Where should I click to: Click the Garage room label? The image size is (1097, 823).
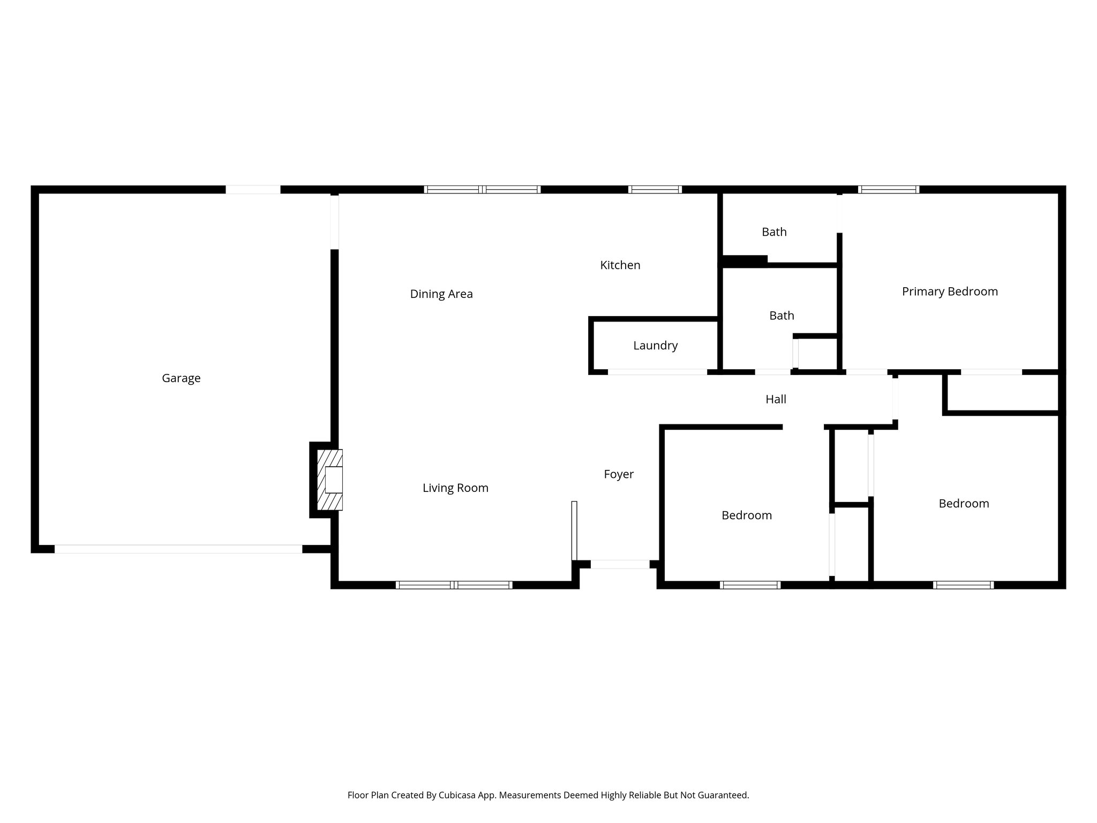(181, 378)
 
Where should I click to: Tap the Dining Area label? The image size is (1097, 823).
(441, 294)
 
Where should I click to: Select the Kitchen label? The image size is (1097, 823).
(620, 265)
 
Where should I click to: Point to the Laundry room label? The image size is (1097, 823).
(655, 346)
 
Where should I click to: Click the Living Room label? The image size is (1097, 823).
(455, 488)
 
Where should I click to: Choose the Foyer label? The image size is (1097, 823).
(619, 474)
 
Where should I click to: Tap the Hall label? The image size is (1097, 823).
(776, 399)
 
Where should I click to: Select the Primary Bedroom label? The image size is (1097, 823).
(950, 291)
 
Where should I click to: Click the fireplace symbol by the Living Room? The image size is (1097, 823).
(330, 480)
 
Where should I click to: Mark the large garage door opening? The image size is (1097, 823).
(178, 549)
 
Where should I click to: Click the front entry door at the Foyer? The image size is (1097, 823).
(620, 564)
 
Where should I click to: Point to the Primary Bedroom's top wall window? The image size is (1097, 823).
(889, 189)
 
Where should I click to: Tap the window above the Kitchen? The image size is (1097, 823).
(655, 189)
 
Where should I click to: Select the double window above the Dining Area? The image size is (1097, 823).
(482, 189)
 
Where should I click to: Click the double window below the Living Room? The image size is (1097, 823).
(454, 585)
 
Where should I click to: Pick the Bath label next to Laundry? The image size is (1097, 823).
(782, 316)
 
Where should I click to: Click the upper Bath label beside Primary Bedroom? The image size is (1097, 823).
(774, 232)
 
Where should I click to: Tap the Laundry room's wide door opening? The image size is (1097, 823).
(657, 372)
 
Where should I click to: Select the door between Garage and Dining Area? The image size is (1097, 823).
(334, 222)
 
